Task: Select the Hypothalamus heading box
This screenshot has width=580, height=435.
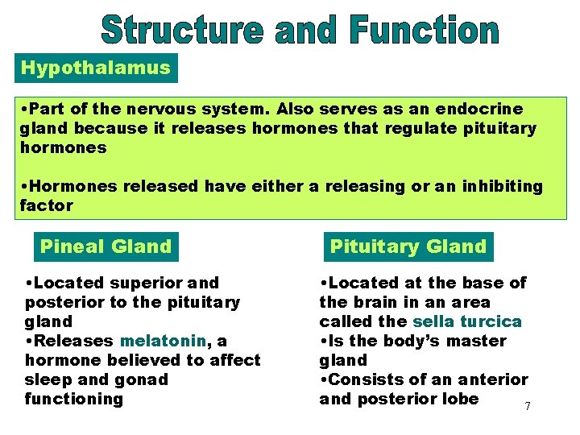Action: [96, 68]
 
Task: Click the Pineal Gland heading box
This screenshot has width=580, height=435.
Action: [106, 246]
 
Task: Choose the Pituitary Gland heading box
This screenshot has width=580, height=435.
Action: [408, 246]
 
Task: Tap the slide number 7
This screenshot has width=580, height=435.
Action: [528, 406]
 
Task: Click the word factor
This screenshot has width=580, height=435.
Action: [47, 205]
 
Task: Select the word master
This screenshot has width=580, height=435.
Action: [478, 341]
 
